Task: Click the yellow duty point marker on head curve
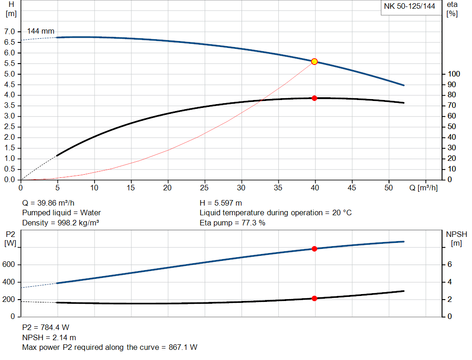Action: click(x=314, y=61)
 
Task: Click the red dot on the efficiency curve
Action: click(x=314, y=98)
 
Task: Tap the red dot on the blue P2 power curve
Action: click(x=314, y=249)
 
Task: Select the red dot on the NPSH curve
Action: click(x=314, y=298)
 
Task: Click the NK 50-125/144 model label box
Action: click(x=409, y=6)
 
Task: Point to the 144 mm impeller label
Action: click(x=41, y=31)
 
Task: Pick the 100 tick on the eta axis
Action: click(x=454, y=74)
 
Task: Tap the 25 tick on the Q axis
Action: click(x=204, y=188)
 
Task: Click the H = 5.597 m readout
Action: click(x=221, y=203)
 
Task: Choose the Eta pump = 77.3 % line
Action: click(x=232, y=223)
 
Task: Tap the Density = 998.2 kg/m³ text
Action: click(x=61, y=223)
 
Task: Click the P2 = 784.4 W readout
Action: click(x=46, y=327)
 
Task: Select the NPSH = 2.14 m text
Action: click(x=49, y=337)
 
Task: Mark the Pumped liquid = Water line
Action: click(x=61, y=213)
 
